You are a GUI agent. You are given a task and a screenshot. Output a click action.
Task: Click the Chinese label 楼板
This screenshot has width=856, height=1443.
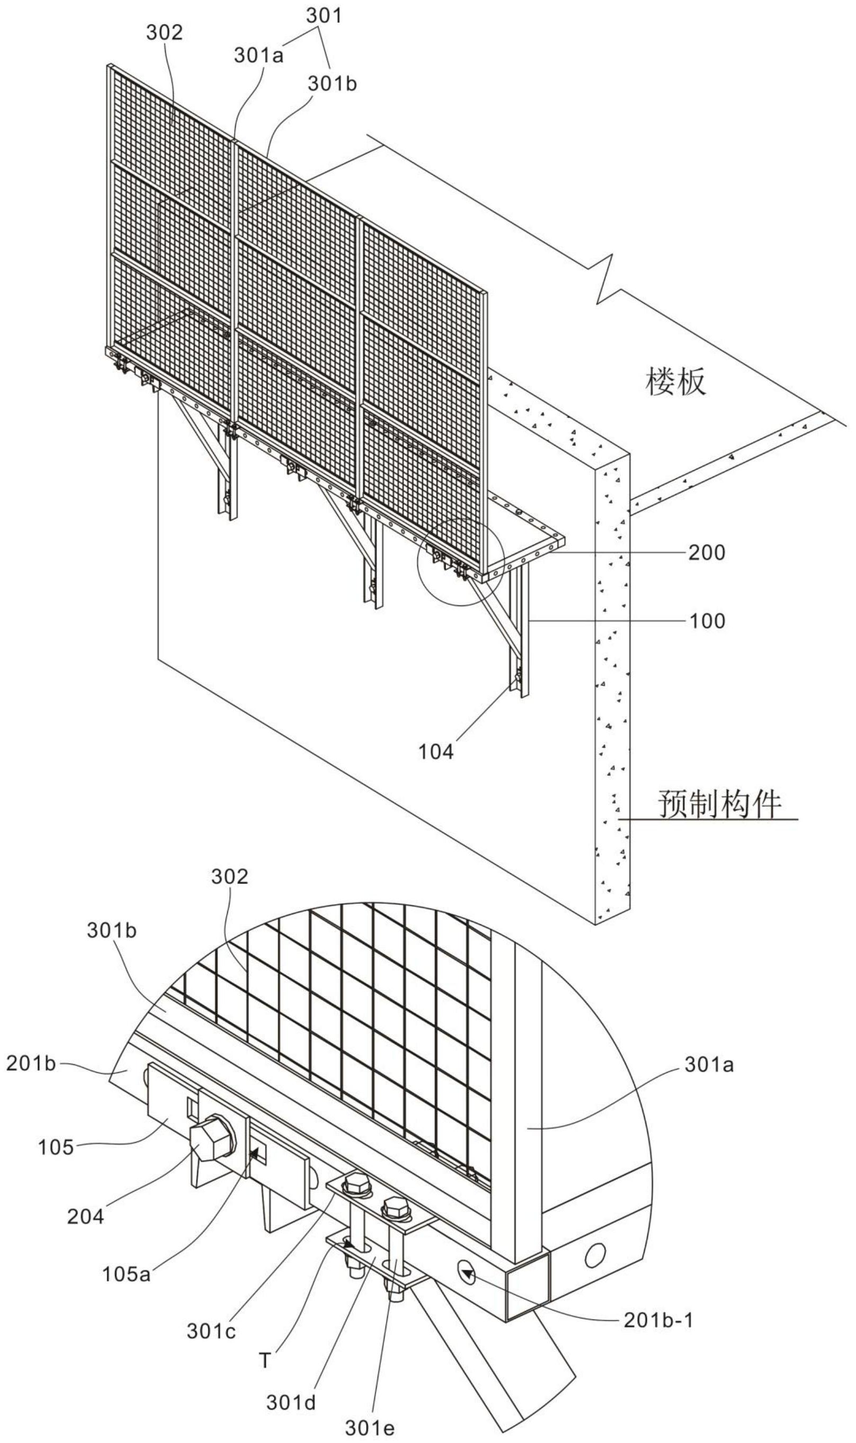click(x=675, y=382)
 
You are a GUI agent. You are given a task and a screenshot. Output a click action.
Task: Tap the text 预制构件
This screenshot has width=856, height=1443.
click(x=720, y=804)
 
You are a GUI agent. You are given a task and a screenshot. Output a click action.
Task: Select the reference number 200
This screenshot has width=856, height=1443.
click(x=706, y=553)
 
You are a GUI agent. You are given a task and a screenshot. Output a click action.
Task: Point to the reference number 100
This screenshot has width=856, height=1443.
click(x=706, y=621)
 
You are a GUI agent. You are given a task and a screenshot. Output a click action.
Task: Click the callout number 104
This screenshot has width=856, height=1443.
click(x=436, y=752)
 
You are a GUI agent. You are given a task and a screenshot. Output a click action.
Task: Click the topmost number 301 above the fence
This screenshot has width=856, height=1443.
click(x=324, y=15)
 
